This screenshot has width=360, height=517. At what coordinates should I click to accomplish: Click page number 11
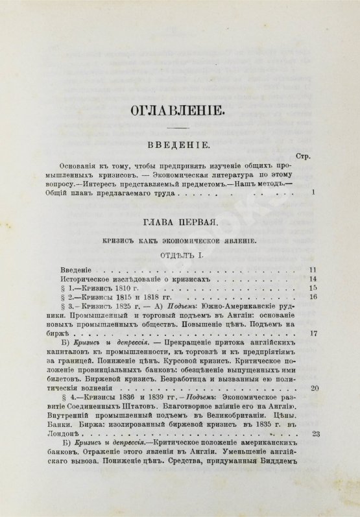tap(311, 268)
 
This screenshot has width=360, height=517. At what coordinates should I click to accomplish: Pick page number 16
tap(311, 298)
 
